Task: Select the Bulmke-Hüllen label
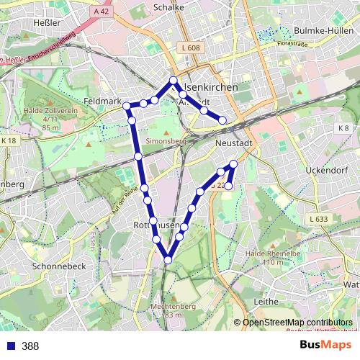point(325,30)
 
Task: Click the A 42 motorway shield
point(102,12)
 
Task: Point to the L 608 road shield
point(189,48)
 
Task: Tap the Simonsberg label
point(166,141)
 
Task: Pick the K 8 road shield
point(343,128)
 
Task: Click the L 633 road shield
point(318,219)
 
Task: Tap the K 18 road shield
point(8,140)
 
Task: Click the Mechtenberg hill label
point(166,306)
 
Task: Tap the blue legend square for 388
point(9,346)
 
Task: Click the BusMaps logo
point(325,345)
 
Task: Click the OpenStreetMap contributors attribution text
point(297,322)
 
